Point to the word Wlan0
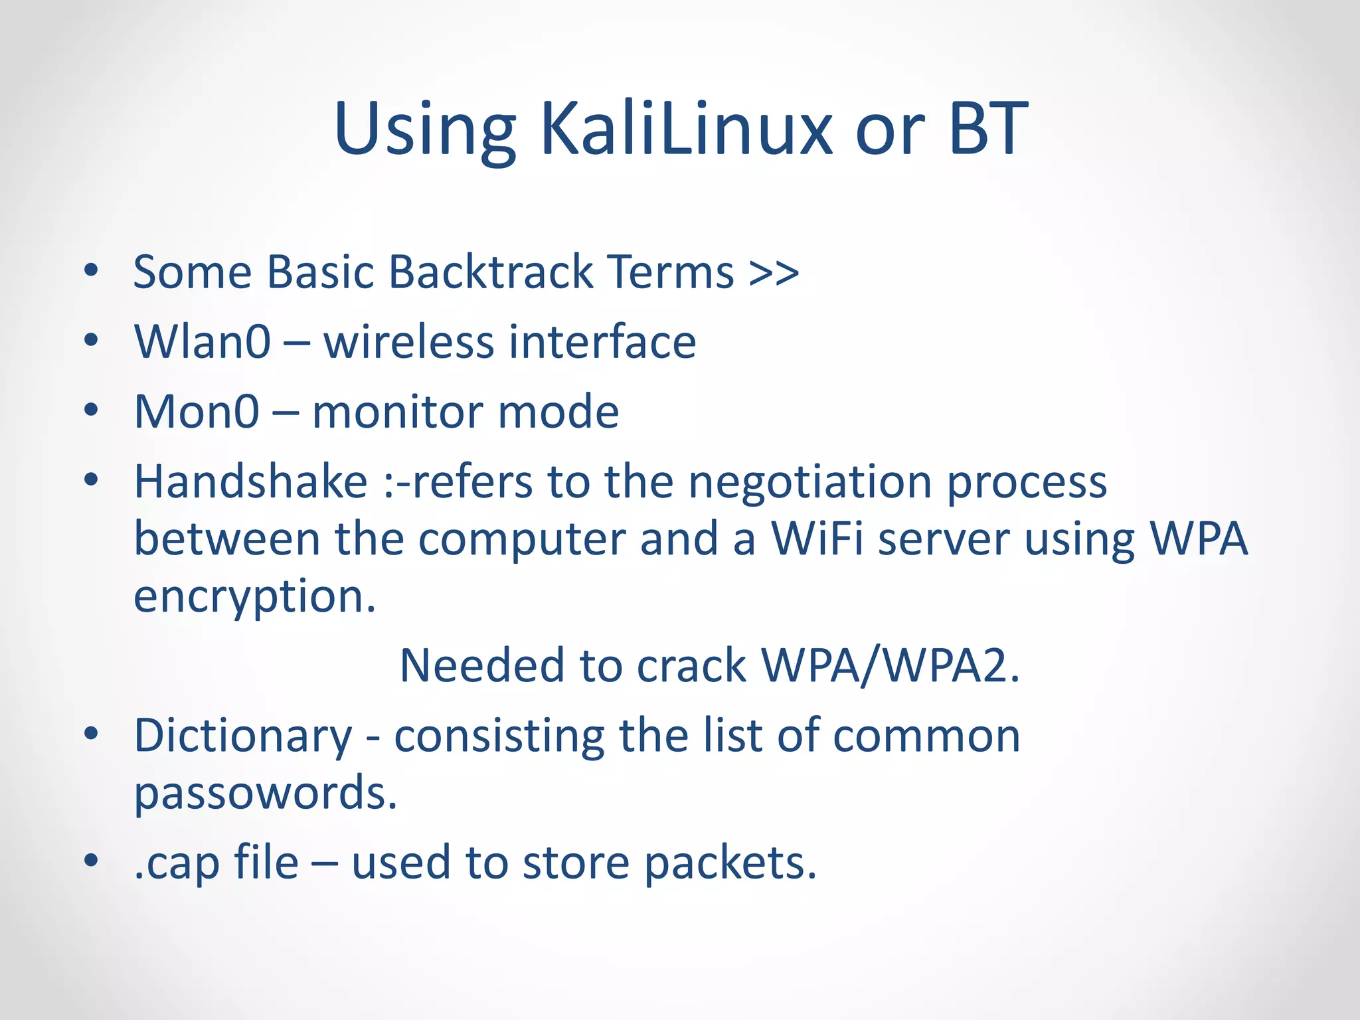(203, 342)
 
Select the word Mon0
(197, 412)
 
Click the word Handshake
(251, 481)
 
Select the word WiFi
(817, 539)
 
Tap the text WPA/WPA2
(890, 666)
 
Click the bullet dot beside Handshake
(92, 479)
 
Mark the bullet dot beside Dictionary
(92, 734)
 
